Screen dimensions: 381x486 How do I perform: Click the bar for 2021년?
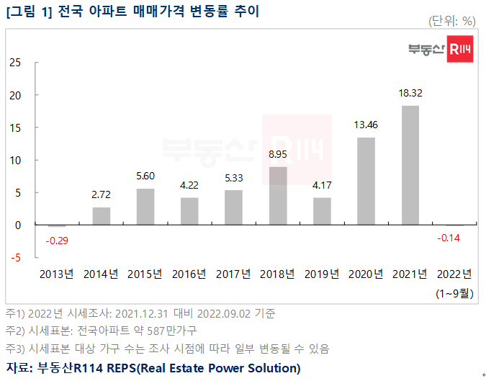tap(410, 166)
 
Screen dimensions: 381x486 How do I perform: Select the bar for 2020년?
tap(366, 181)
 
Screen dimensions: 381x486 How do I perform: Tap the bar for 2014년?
tap(102, 216)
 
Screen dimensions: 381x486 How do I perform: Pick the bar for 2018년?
tap(278, 196)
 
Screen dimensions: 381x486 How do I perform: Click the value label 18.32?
tap(410, 94)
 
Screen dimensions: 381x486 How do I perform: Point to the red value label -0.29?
tap(57, 240)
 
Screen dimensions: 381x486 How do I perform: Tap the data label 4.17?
tap(322, 185)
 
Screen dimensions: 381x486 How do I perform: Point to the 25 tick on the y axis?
tap(14, 63)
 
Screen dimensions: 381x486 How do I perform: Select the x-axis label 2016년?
tap(189, 274)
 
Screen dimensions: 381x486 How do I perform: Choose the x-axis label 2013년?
tap(57, 274)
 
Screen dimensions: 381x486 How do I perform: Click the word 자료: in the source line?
tap(22, 368)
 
